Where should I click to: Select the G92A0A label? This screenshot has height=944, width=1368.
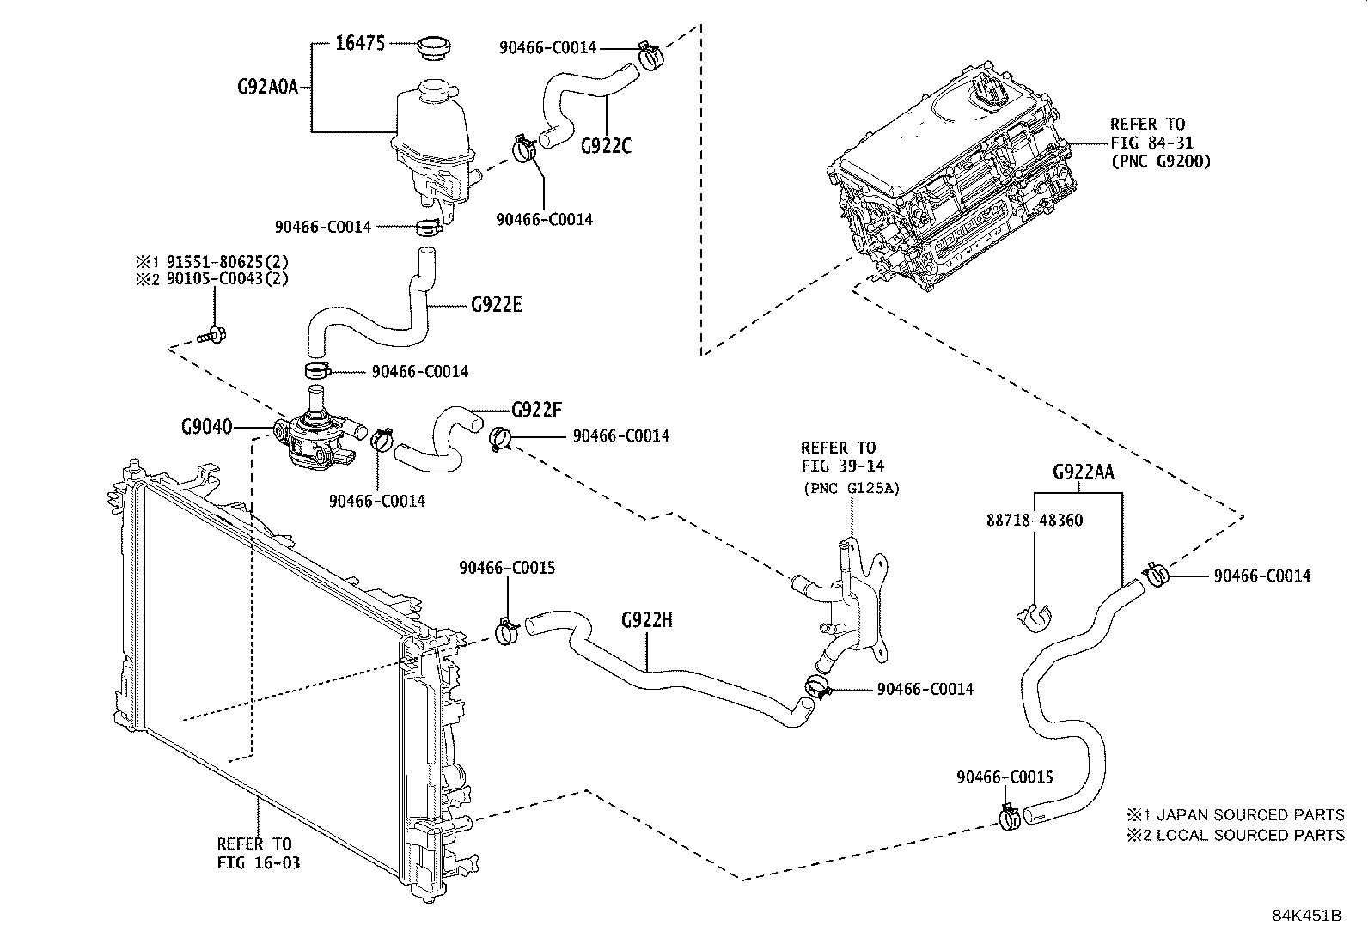click(x=266, y=87)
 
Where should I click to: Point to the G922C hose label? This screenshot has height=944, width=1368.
click(x=606, y=145)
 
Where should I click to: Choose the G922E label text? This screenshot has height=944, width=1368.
click(x=497, y=305)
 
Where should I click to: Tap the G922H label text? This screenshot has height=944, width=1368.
click(x=646, y=619)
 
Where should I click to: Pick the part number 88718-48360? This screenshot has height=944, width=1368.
click(x=1034, y=521)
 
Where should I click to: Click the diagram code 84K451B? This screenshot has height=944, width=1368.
click(x=1307, y=915)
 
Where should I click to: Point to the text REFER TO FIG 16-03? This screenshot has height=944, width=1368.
click(x=258, y=854)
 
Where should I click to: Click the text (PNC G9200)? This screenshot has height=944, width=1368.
click(x=1160, y=161)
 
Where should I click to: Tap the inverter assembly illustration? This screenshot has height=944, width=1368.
click(x=954, y=189)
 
